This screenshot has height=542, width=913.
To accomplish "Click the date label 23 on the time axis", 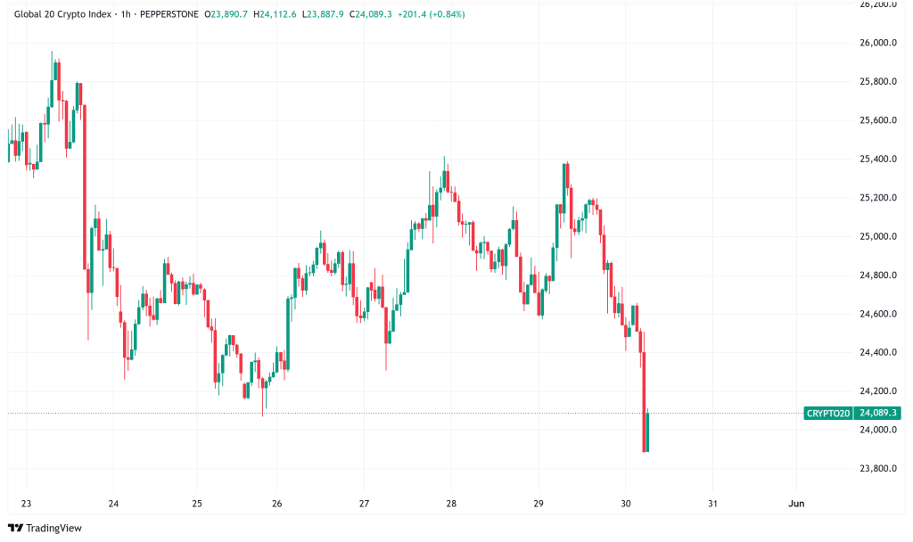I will click(26, 503).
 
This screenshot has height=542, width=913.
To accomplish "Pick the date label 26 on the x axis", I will click(277, 503).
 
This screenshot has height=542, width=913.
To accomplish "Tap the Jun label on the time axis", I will click(797, 503).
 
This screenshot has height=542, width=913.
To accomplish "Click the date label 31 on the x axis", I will click(712, 503).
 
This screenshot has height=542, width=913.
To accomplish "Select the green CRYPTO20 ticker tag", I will click(828, 414).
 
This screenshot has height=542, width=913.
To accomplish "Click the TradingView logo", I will click(45, 528).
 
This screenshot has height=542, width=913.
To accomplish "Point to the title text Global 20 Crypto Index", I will click(63, 14).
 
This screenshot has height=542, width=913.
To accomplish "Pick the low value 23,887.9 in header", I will click(325, 14).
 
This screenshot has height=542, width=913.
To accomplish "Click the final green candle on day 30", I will click(647, 431).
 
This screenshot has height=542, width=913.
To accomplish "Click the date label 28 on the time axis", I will click(451, 503).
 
